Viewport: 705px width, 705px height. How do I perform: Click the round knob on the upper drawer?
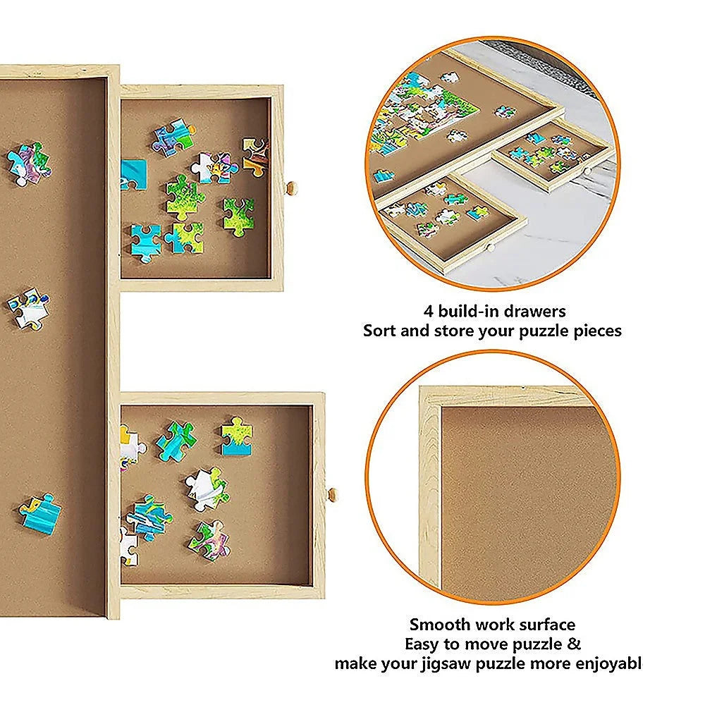click(290, 188)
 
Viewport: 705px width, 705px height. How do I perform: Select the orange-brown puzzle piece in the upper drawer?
click(255, 155)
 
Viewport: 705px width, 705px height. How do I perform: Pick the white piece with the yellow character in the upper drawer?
click(215, 167)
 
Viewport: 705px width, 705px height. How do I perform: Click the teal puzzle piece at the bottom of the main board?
click(41, 513)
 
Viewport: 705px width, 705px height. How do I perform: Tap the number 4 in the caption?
click(427, 311)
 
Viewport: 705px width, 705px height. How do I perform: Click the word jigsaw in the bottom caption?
click(488, 663)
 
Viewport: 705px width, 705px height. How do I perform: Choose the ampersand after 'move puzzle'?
click(575, 644)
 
